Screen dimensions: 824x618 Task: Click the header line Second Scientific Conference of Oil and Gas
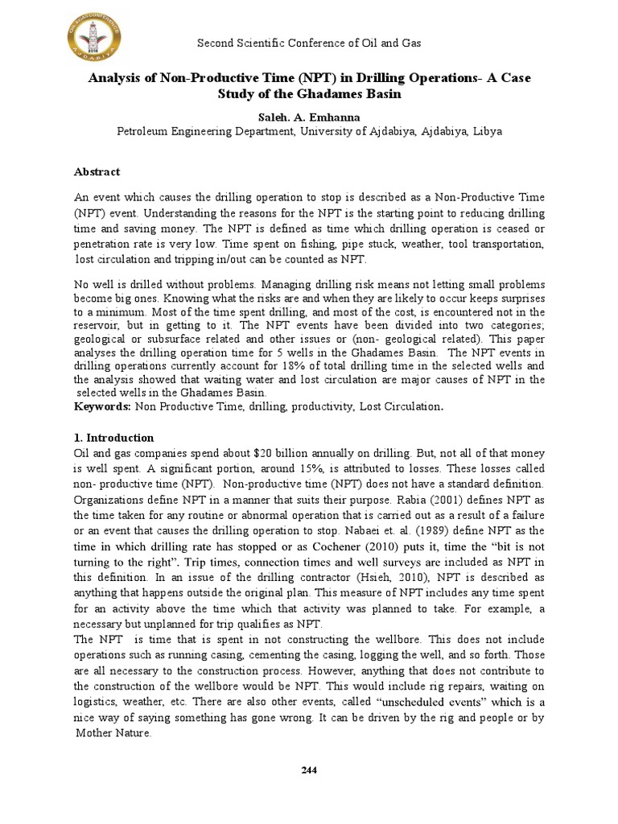coord(310,43)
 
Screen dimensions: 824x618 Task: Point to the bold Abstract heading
coord(97,171)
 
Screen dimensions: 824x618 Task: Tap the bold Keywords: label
coord(103,407)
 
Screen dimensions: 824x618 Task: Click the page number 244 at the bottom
coord(309,770)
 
